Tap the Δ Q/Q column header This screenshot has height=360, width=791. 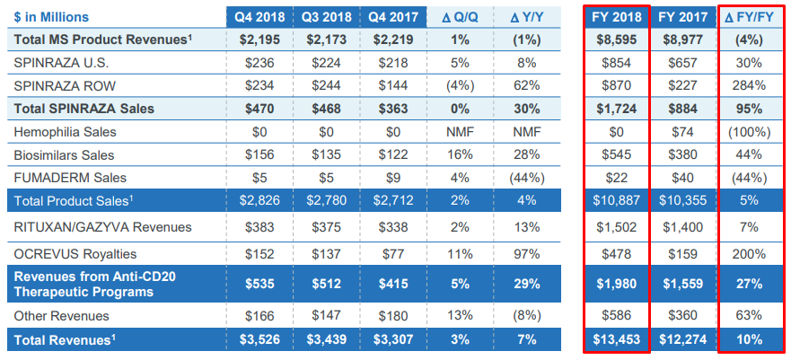pos(460,17)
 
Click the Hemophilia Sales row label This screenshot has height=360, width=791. pos(66,131)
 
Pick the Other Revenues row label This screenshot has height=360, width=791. pos(62,316)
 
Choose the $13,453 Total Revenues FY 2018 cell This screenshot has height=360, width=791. pos(616,339)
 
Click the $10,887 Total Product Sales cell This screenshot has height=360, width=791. pos(616,199)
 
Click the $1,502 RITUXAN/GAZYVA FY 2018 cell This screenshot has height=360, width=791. pos(616,227)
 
